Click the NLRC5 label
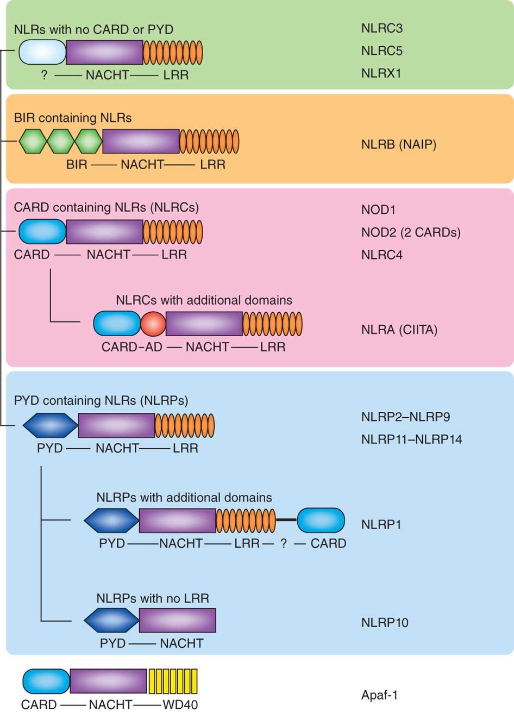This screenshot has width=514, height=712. pos(382,51)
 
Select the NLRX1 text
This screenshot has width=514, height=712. pos(381,73)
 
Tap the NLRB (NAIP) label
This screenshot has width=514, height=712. pos(399,145)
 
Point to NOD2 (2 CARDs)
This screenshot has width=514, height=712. pos(411,233)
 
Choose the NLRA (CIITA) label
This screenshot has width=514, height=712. pos(399,330)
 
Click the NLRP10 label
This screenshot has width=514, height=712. pos(385,622)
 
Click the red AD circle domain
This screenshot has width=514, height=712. pos(153,324)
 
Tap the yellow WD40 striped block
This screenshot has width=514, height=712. pos(172,681)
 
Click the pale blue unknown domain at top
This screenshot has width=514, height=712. pos(42,52)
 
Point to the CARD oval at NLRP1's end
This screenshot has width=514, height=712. pos(321,520)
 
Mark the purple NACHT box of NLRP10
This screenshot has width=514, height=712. pos(177,620)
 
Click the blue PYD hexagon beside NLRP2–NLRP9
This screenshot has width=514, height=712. pos(50,425)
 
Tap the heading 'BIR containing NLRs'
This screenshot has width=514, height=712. pos(73,117)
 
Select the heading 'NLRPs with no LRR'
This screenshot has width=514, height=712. pos(153,598)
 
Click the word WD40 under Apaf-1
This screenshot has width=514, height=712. pos(180,705)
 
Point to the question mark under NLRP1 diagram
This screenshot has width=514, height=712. pos(283,543)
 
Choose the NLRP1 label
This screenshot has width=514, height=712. pos(381,525)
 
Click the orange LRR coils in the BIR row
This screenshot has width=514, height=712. pos(209,141)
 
